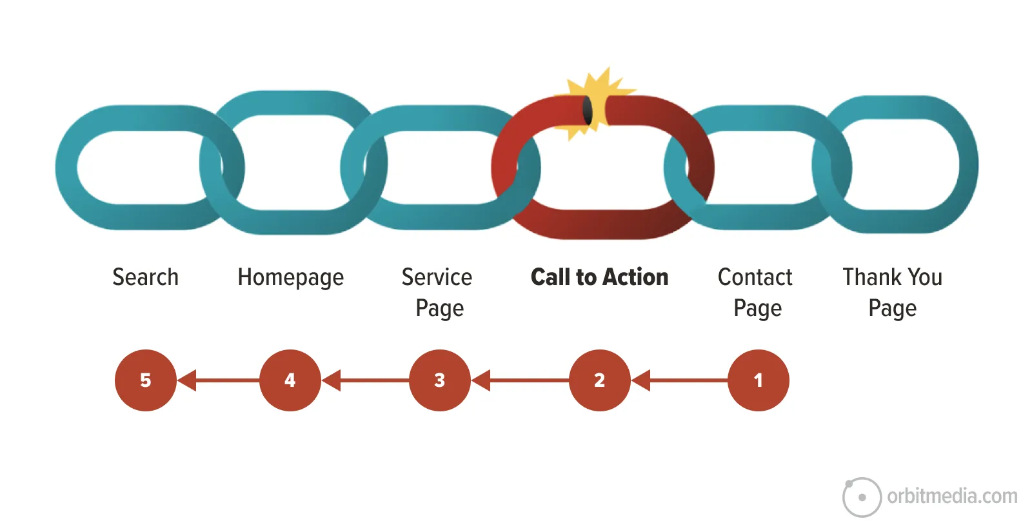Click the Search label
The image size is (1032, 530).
[x=145, y=277]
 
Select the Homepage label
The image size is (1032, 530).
[x=290, y=278]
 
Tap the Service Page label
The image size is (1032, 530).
[x=437, y=292]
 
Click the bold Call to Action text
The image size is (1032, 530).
[x=599, y=277]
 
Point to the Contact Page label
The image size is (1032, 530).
[x=755, y=292]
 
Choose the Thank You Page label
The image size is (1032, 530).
[x=892, y=292]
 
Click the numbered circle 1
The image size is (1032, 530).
[x=758, y=380]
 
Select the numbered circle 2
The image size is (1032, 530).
[x=599, y=380]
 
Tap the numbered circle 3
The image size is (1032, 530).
[x=439, y=380]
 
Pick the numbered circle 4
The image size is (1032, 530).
[x=290, y=380]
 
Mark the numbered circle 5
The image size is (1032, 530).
[x=145, y=380]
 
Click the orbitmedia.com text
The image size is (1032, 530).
[x=952, y=496]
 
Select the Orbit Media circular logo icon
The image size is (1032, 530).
[x=862, y=497]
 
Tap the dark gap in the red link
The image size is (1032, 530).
[x=588, y=111]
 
